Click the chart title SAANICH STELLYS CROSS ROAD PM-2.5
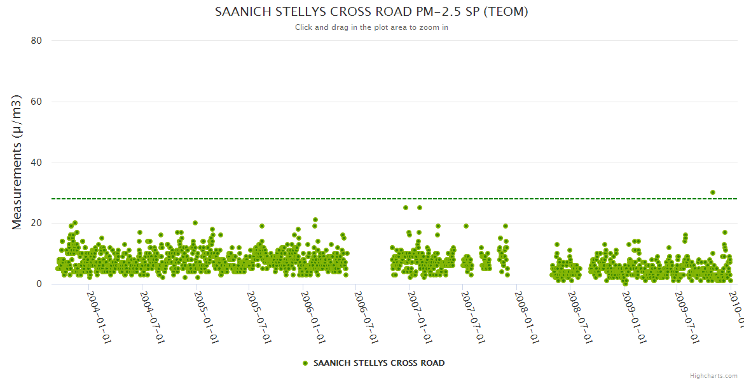point(371,12)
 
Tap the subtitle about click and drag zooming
point(371,27)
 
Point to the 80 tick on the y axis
point(36,41)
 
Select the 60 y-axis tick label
point(36,102)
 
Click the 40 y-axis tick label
point(36,163)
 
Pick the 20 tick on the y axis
point(36,224)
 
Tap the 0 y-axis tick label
point(39,284)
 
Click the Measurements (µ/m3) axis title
point(17,162)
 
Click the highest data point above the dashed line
point(713,192)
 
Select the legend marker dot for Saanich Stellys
point(305,363)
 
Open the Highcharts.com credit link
point(713,375)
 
